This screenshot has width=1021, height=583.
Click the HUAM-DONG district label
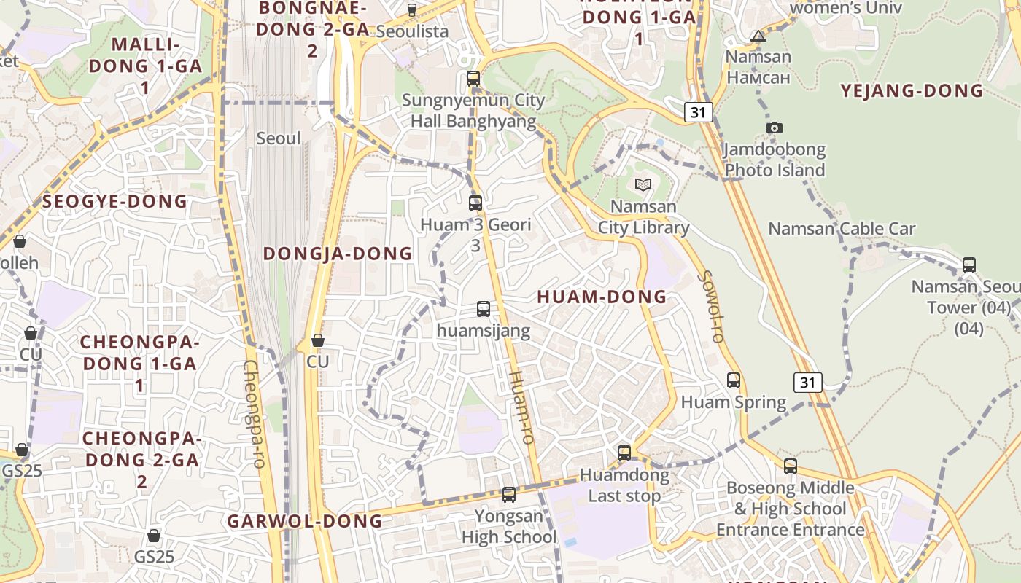tap(602, 297)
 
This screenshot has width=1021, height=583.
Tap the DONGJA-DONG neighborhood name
tap(338, 254)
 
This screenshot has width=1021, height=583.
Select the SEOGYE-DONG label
tap(115, 201)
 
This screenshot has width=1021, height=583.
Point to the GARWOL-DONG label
tap(305, 521)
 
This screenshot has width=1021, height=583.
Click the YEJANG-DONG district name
tap(912, 91)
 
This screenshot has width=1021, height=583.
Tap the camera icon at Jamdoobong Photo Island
tap(775, 128)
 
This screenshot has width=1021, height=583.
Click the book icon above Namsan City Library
tap(643, 185)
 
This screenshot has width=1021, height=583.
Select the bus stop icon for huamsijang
tap(484, 309)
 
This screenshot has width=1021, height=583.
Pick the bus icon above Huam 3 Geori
tap(475, 203)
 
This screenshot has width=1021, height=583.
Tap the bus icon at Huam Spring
tap(734, 380)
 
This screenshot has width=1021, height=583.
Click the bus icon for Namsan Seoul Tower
tap(969, 265)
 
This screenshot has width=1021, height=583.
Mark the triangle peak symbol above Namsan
tap(758, 36)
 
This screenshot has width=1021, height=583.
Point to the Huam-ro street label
tap(522, 407)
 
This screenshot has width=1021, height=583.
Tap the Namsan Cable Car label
tap(842, 229)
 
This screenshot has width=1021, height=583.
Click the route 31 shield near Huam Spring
tap(808, 382)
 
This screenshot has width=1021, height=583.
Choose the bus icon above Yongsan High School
tap(509, 495)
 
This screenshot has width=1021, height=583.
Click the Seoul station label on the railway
tap(279, 138)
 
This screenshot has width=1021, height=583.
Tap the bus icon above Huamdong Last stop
tap(624, 453)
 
